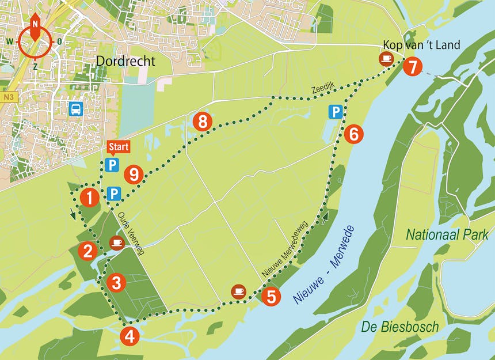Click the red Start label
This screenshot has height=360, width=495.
(119, 147)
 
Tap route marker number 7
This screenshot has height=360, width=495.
(412, 66)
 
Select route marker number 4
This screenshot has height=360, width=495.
(130, 335)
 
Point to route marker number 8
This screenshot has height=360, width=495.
(203, 122)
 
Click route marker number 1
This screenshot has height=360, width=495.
(89, 198)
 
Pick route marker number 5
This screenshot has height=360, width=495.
(271, 297)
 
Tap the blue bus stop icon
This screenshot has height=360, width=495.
(75, 109)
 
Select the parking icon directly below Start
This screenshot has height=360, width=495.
(112, 166)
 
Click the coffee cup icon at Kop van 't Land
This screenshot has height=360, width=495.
(386, 58)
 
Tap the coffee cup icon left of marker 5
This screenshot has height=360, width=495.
(239, 291)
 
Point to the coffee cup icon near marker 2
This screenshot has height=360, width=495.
(117, 242)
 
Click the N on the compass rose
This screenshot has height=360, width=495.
(35, 24)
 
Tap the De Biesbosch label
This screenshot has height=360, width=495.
(400, 327)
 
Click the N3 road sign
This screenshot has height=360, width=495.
(7, 98)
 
